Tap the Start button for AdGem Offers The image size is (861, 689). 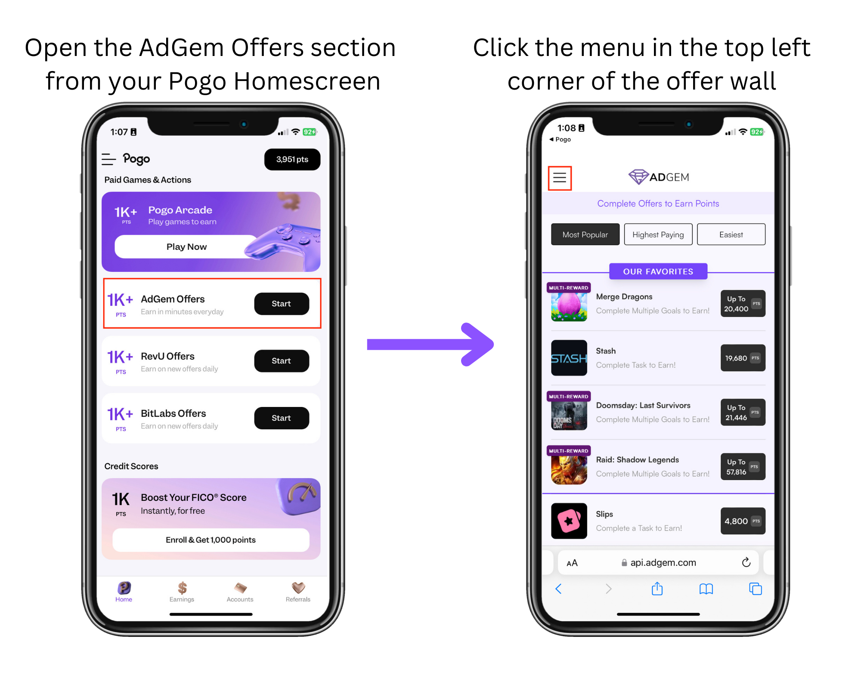(282, 304)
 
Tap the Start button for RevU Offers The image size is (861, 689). (282, 361)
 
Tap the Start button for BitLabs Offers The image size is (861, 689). (282, 418)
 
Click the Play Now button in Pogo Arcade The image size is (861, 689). (186, 247)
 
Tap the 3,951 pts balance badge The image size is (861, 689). (292, 159)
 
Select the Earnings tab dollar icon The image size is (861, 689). (182, 588)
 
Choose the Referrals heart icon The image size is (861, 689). (298, 588)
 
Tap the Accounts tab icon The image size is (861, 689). (240, 588)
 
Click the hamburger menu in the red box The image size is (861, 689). (560, 177)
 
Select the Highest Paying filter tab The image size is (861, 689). (658, 235)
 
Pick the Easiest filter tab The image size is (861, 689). (731, 235)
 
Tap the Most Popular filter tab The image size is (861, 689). (585, 235)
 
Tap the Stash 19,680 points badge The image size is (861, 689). (743, 358)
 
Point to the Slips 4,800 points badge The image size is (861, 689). (743, 521)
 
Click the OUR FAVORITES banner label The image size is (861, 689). (658, 271)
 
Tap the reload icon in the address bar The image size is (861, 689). (746, 562)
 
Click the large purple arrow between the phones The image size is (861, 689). (430, 344)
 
